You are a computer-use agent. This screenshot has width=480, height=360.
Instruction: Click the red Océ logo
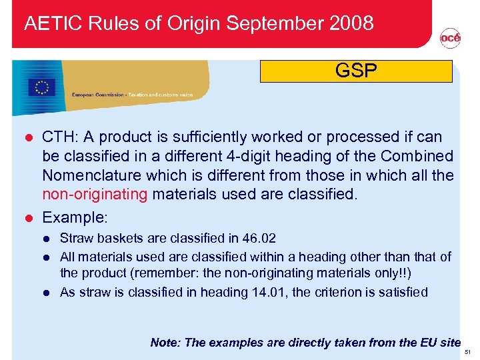coord(450,39)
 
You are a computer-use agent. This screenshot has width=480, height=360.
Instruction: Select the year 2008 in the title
coord(351,23)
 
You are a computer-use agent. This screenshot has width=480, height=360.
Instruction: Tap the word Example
coord(73,217)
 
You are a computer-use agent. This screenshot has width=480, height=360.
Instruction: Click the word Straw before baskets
coord(75,238)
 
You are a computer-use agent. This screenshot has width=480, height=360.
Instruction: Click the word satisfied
coord(403,292)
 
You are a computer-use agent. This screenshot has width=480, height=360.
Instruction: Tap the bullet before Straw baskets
coord(46,238)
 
